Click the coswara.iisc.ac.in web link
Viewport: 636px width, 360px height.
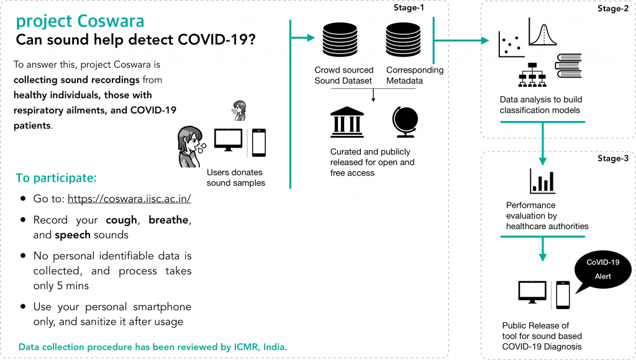pyautogui.click(x=129, y=199)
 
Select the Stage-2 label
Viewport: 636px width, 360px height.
pyautogui.click(x=612, y=9)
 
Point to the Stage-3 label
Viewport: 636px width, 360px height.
pyautogui.click(x=612, y=159)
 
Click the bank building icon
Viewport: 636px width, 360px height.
pyautogui.click(x=348, y=122)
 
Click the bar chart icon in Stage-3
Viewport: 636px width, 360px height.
pyautogui.click(x=542, y=181)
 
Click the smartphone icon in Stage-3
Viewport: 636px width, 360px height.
pyautogui.click(x=563, y=295)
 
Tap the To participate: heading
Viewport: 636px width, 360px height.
pyautogui.click(x=56, y=178)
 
